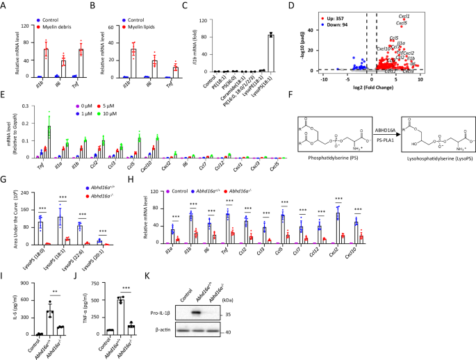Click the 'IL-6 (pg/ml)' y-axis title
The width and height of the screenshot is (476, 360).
[8, 306]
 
